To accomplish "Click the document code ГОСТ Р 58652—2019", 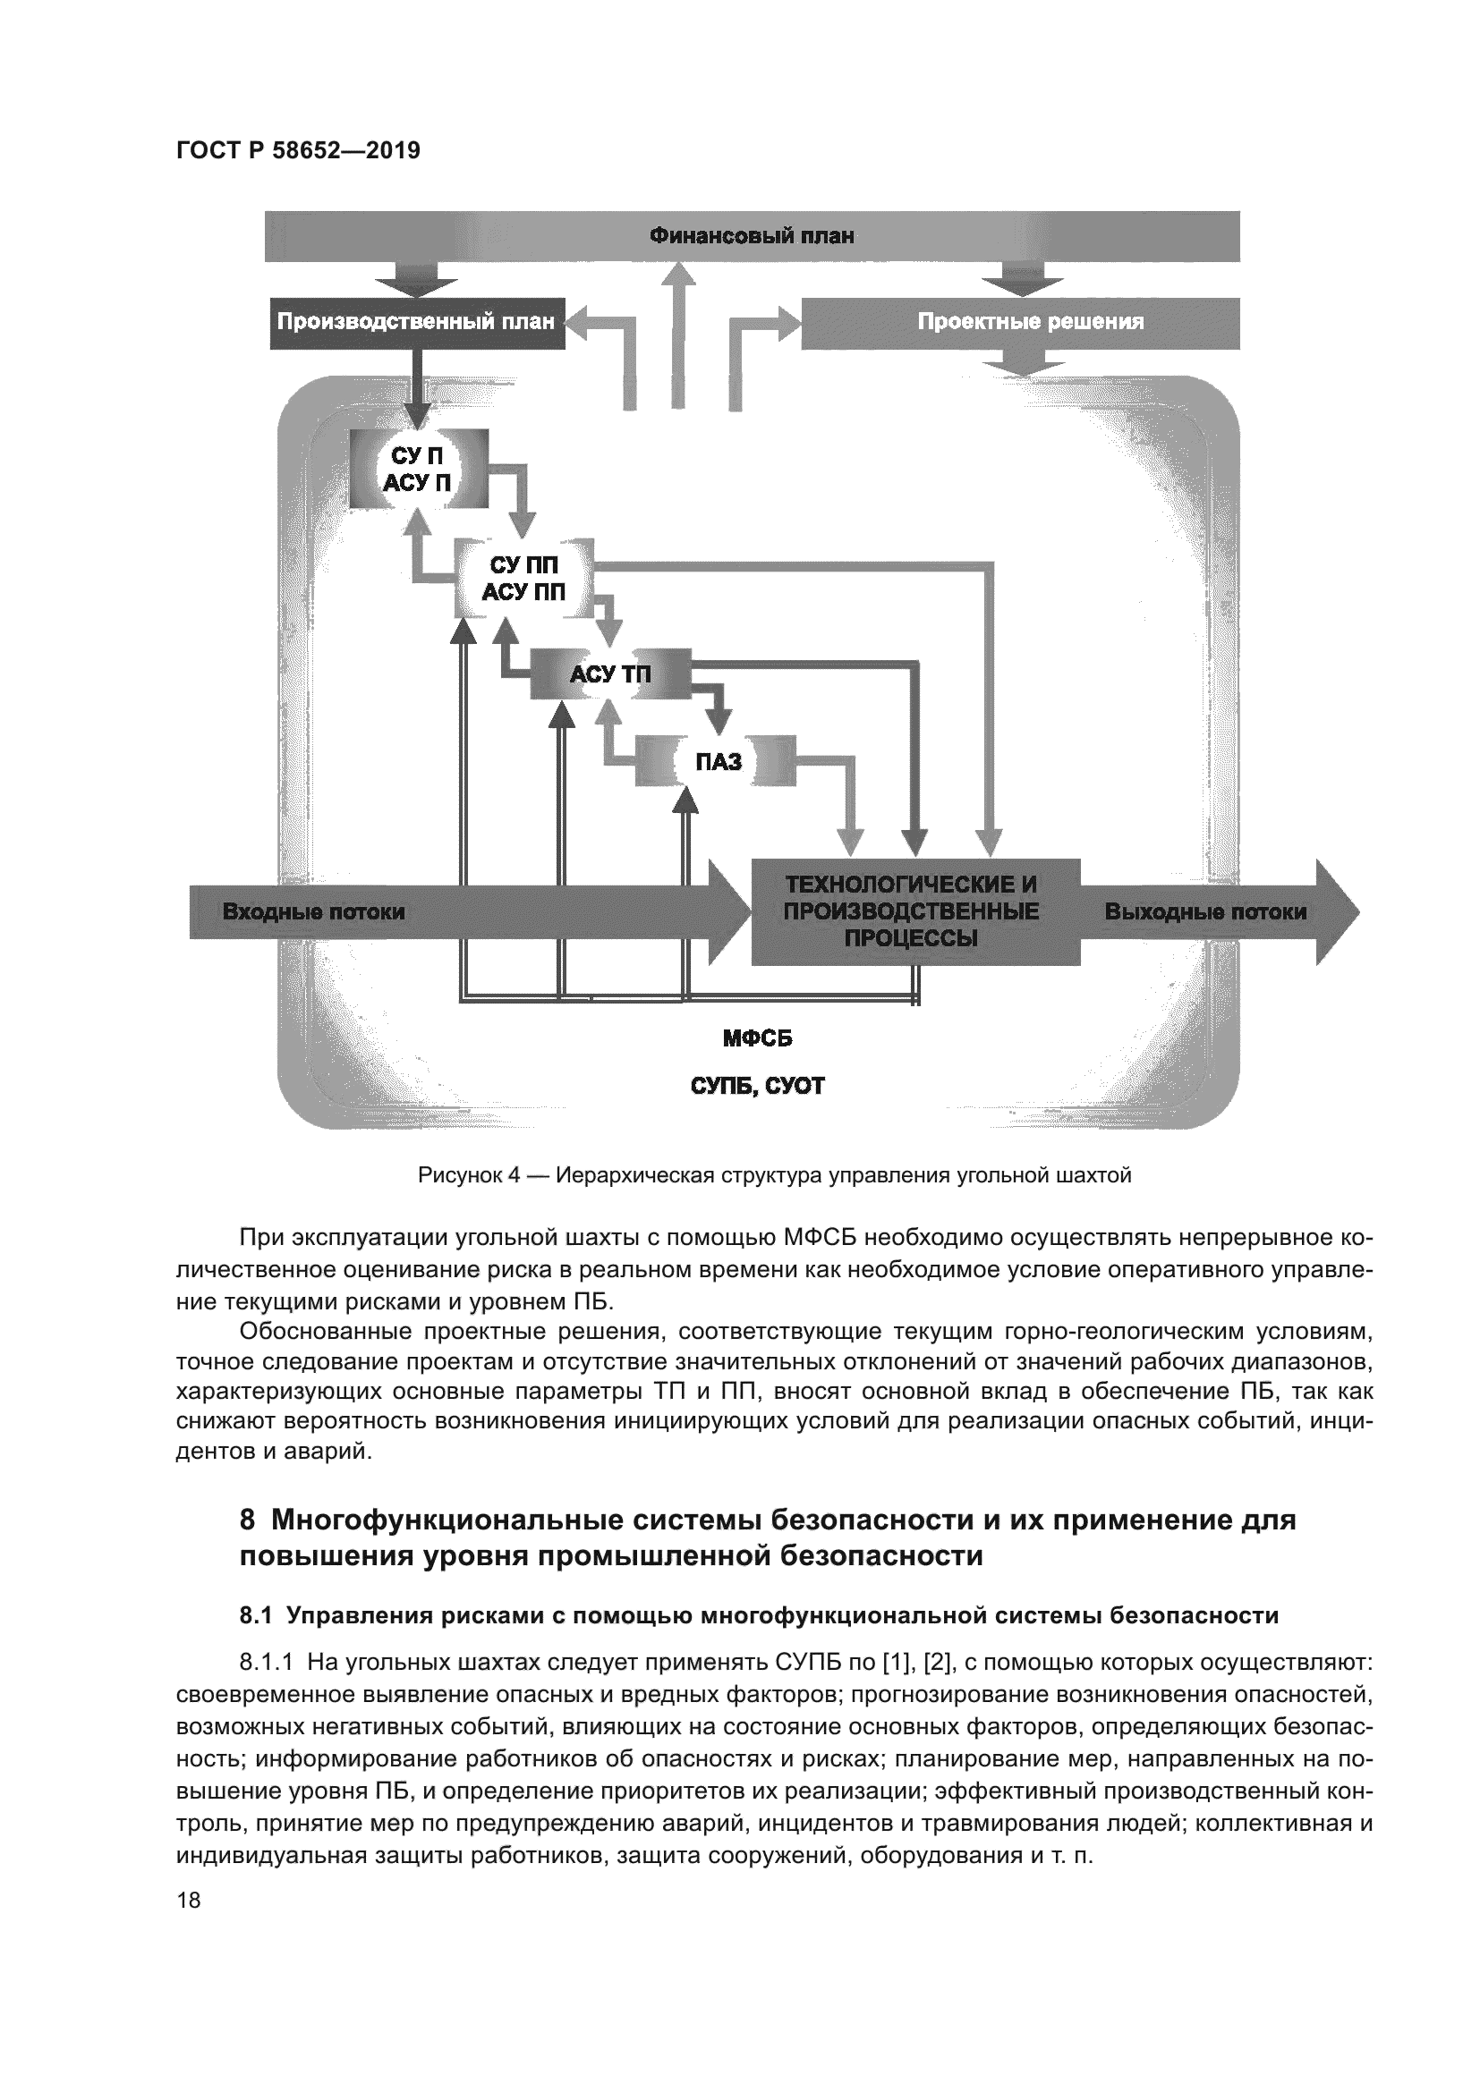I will tap(298, 150).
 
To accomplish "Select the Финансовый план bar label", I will tap(752, 237).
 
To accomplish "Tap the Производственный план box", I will tap(416, 322).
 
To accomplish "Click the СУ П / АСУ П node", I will tap(418, 470).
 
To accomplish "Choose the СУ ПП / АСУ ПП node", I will tap(523, 579).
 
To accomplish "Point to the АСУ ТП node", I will tap(609, 674).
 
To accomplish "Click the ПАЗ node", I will tap(719, 761).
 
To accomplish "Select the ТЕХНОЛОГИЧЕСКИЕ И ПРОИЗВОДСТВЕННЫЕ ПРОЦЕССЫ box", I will tap(914, 911).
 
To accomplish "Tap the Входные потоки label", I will tap(313, 911).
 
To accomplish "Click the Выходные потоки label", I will tap(1204, 911).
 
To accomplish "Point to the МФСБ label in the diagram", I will tap(756, 1038).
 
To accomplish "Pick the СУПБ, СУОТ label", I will tap(756, 1085).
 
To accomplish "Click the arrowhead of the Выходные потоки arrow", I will tap(1336, 911).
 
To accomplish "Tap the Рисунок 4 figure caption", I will tap(774, 1175).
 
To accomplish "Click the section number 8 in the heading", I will tap(247, 1520).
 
